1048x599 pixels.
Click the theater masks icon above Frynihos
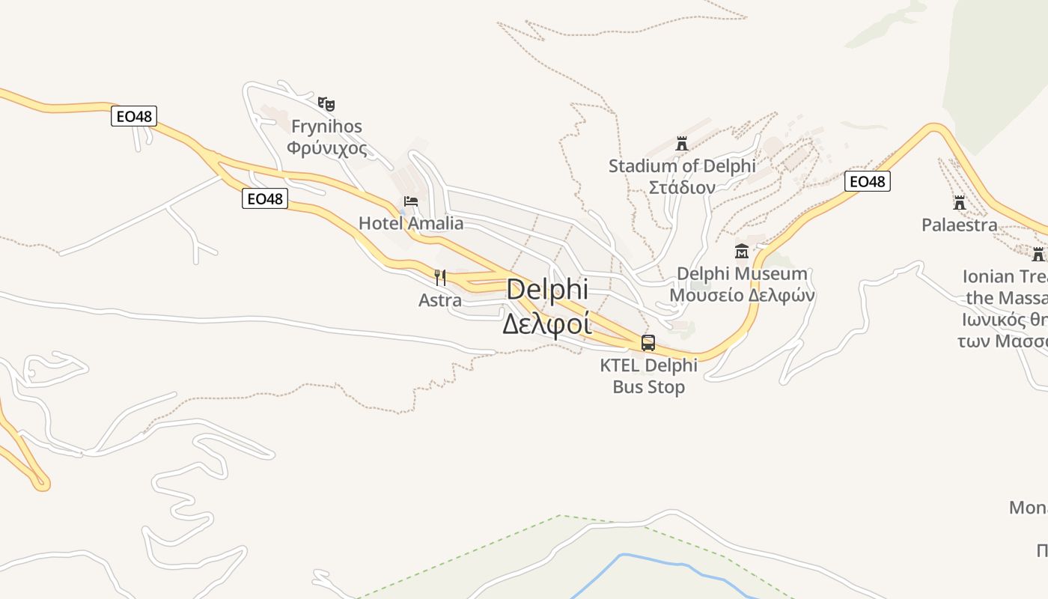[x=326, y=103]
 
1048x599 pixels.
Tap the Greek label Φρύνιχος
[x=327, y=148]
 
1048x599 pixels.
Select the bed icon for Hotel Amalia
[x=411, y=201]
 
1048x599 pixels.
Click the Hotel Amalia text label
[x=411, y=223]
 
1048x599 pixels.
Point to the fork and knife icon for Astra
[x=440, y=278]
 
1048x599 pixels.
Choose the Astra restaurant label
[x=440, y=300]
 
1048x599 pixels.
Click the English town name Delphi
[x=547, y=290]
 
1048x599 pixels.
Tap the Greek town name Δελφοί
[x=546, y=323]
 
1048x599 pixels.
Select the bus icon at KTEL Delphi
[x=648, y=343]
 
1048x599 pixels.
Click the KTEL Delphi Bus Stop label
[x=648, y=376]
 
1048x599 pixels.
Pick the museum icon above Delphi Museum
[x=742, y=251]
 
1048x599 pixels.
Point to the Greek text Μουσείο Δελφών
[x=742, y=295]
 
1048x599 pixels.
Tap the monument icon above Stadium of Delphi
[x=682, y=143]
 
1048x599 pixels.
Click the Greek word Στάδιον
[x=682, y=187]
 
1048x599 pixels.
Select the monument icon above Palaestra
[x=960, y=202]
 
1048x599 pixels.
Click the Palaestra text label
[x=960, y=225]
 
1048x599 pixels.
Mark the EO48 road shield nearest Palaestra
[x=868, y=181]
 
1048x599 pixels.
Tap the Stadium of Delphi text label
[x=682, y=165]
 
